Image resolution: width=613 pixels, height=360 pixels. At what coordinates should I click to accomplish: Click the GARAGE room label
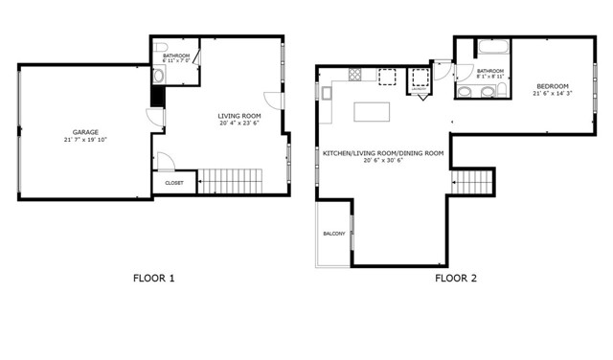pos(85,132)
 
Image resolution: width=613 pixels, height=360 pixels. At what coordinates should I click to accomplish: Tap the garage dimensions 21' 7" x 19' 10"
pos(85,141)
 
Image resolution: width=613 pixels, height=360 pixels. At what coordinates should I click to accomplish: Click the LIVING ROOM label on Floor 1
pos(238,115)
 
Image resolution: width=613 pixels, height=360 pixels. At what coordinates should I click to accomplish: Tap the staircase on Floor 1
pos(230,179)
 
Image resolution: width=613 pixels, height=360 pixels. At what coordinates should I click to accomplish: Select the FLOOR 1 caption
pos(153,280)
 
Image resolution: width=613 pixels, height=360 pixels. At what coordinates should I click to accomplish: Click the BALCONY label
pos(333,234)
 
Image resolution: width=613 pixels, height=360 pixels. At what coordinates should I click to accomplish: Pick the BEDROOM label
pos(551,84)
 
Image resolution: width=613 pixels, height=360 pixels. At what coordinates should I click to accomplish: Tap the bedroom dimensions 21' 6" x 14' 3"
pos(551,93)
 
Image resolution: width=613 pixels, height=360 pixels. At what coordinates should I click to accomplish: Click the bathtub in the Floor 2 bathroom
pos(489,47)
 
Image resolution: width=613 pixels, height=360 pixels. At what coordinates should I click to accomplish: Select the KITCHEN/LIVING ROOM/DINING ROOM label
pos(383,153)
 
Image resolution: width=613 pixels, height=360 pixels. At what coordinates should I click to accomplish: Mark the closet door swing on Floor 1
pos(165,162)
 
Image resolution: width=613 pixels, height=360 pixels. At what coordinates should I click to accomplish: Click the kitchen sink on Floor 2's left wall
pos(327,92)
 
